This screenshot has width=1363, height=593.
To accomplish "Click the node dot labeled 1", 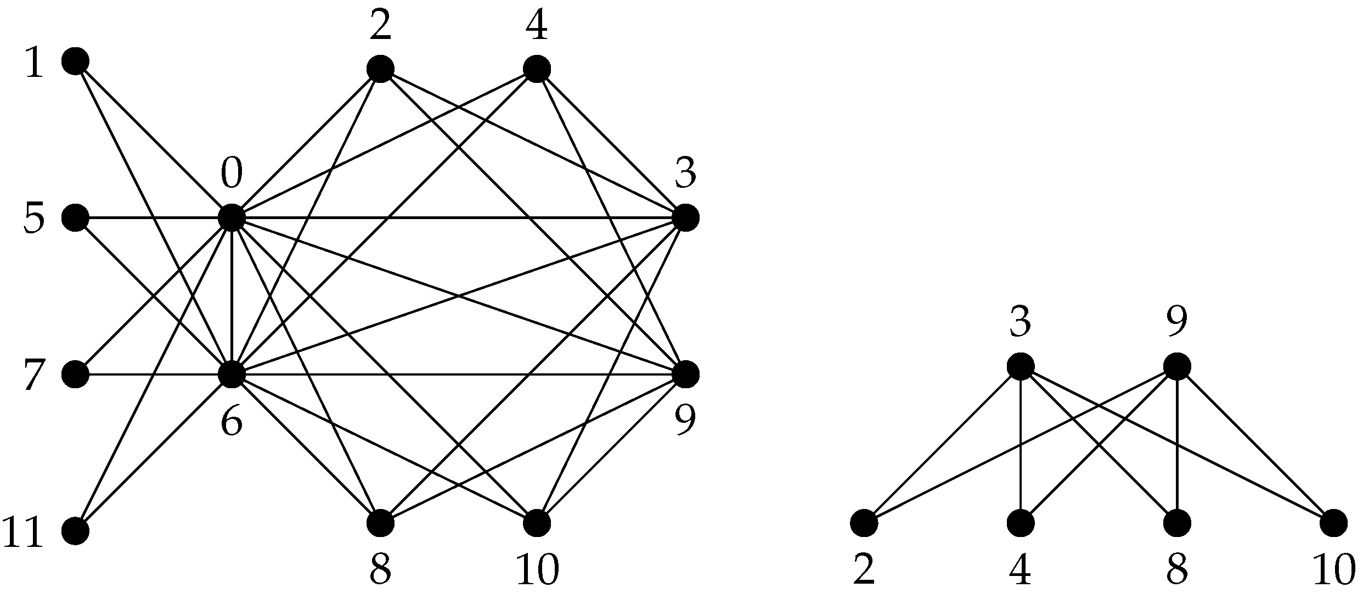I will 75,61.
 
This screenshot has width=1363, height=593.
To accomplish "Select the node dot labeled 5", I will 75,217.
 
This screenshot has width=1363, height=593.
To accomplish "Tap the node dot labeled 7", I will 75,374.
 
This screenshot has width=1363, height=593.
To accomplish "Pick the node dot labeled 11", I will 75,531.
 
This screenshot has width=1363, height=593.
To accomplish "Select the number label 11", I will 23,533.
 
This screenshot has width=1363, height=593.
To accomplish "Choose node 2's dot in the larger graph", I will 380,69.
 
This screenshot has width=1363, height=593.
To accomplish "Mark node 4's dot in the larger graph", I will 537,69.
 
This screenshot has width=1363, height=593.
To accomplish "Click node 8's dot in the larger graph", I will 380,523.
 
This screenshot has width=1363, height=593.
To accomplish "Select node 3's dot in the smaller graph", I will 1021,366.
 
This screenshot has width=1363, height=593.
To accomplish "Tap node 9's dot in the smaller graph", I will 1177,366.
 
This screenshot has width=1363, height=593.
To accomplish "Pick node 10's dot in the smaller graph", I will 1333,523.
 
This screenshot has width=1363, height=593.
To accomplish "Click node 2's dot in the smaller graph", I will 864,523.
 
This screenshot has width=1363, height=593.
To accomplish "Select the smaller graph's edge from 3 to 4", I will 1021,445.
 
